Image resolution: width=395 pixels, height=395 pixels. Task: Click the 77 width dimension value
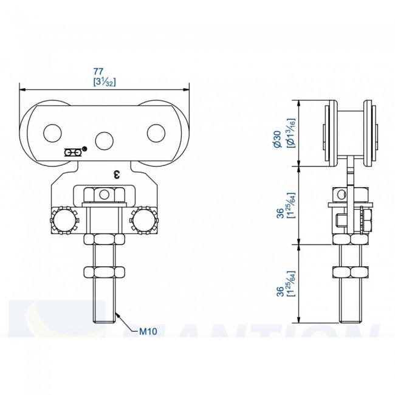(105, 72)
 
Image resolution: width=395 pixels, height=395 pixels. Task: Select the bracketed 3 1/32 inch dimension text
(105, 81)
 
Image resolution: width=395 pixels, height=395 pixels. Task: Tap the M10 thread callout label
(148, 332)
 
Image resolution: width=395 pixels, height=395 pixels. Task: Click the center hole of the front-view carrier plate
(105, 141)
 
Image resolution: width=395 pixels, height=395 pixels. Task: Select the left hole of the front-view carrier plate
(53, 133)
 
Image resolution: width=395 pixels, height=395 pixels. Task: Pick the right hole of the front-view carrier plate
(157, 133)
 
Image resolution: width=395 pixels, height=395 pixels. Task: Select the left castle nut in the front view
(64, 220)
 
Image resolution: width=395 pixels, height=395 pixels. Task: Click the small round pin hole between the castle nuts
(105, 194)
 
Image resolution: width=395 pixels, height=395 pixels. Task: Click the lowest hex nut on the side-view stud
(348, 271)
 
